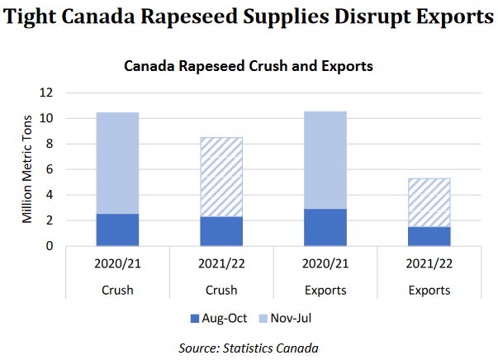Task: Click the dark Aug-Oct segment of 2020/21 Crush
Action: click(x=117, y=230)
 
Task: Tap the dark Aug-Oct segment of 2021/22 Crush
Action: click(x=221, y=231)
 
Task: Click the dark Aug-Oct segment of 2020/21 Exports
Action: click(x=325, y=227)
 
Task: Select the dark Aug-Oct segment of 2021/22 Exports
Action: click(x=429, y=236)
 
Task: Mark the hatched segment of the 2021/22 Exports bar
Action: click(x=429, y=202)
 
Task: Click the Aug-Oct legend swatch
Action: click(x=195, y=318)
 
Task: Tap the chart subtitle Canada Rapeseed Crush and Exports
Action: click(x=248, y=65)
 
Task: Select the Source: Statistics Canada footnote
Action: click(x=249, y=348)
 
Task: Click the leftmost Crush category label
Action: click(x=117, y=290)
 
